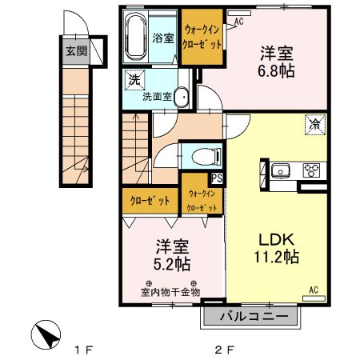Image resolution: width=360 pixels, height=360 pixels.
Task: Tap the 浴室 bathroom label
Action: pos(162,37)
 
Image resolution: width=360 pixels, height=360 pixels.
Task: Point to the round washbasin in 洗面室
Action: pos(182,98)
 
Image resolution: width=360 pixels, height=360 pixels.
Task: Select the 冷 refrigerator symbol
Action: pos(314,125)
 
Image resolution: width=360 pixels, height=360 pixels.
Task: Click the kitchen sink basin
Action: pos(281,170)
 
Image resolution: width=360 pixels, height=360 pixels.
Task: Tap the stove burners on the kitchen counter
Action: pos(310,170)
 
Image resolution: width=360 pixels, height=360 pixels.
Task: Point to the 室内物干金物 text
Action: pos(170,291)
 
